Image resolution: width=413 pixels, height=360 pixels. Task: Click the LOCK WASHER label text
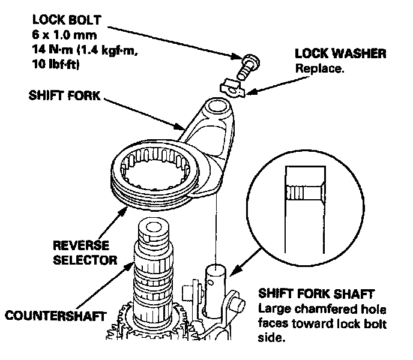click(x=340, y=53)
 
